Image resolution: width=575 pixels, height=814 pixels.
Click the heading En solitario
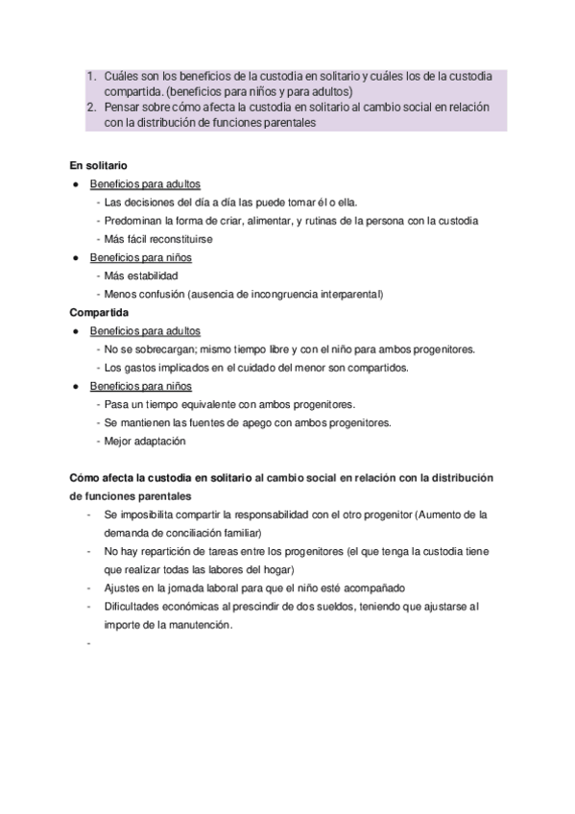pyautogui.click(x=98, y=165)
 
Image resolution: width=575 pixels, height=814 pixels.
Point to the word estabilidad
pyautogui.click(x=153, y=275)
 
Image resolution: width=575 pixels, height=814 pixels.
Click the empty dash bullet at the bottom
pyautogui.click(x=87, y=643)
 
